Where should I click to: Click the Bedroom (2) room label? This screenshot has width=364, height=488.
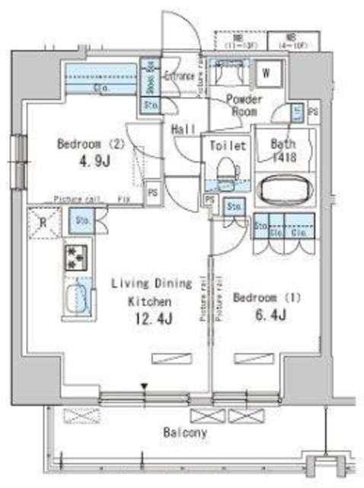point(85,143)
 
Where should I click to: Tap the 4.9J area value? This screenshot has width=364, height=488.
point(86,162)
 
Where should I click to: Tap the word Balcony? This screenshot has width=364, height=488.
point(185,432)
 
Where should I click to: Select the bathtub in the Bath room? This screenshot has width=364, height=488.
point(284,190)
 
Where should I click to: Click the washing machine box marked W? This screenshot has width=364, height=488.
point(267,74)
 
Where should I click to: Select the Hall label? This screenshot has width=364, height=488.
point(183,130)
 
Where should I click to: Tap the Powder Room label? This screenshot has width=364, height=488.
point(244,105)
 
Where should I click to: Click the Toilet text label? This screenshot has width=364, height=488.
point(226,145)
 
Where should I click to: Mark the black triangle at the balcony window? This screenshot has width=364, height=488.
point(143,387)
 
